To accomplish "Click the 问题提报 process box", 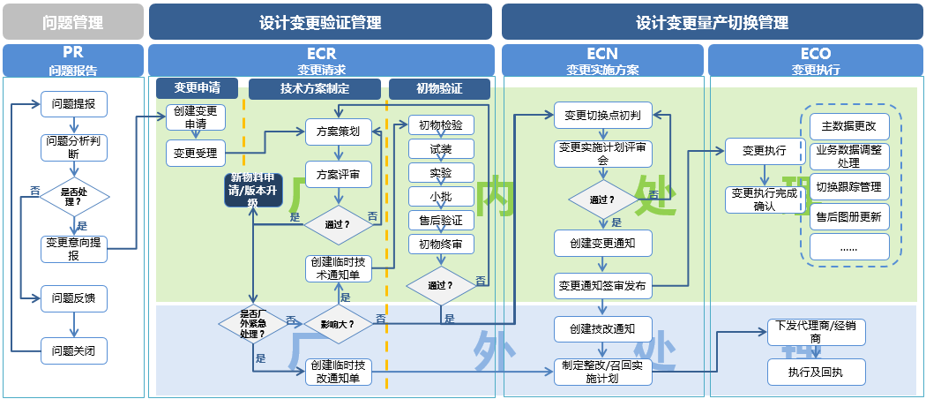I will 74,104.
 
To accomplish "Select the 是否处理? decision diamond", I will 74,195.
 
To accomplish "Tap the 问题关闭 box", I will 74,350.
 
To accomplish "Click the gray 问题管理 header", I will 72,22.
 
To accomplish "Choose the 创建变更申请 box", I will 196,118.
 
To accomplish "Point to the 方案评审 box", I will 338,174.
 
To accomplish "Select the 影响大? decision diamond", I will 338,324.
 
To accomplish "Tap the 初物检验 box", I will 441,125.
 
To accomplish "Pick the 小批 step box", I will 441,196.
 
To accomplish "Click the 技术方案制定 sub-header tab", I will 315,88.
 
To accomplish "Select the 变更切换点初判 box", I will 603,115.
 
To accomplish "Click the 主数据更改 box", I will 849,126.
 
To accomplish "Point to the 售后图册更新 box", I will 849,216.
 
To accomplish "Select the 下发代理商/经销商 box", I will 816,332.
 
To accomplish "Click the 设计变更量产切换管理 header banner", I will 712,22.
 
